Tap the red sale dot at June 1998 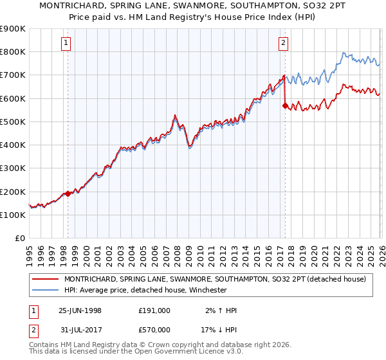click(x=68, y=194)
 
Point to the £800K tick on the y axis click(x=14, y=52)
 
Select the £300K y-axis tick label click(x=14, y=168)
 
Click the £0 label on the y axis click(x=20, y=239)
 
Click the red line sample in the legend click(x=45, y=279)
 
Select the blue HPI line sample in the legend click(x=45, y=290)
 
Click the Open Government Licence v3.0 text click(x=178, y=353)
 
